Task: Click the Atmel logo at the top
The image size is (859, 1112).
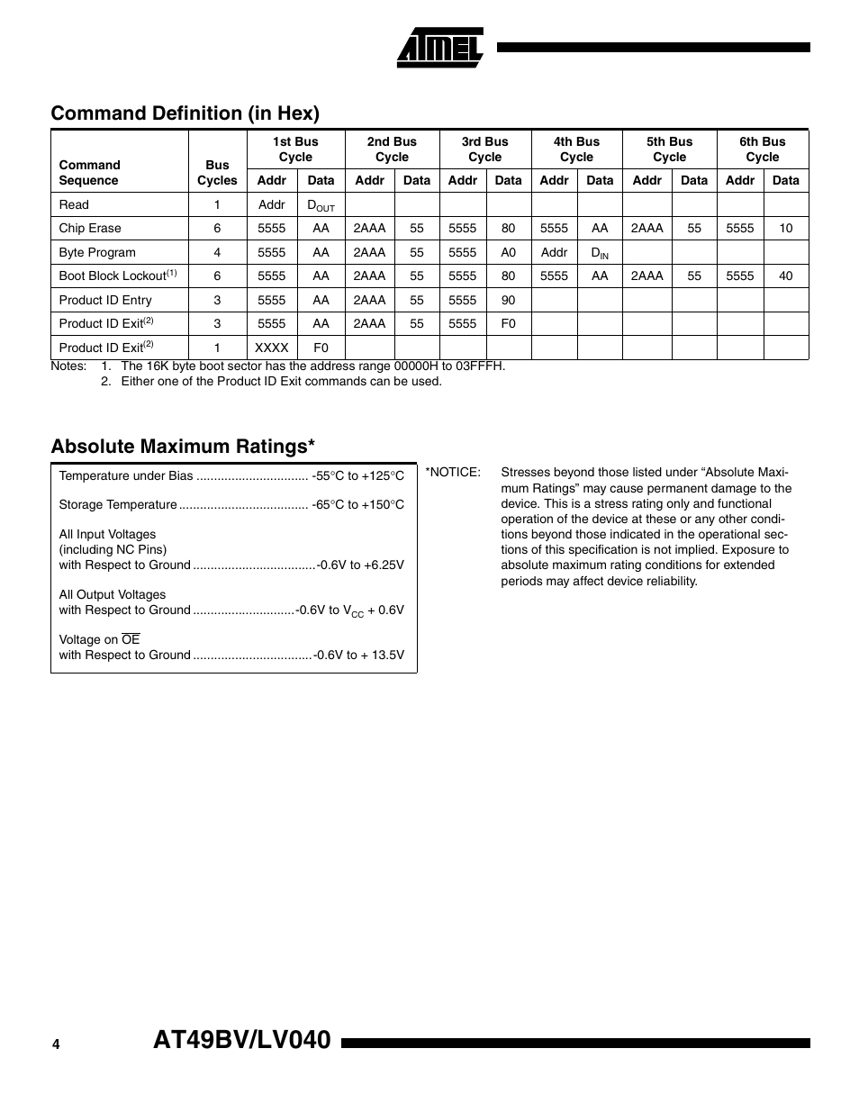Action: [440, 47]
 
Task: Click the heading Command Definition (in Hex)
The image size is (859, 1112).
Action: [185, 113]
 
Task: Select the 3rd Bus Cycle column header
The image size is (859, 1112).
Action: [484, 149]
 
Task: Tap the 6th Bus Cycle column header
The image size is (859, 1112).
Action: [762, 149]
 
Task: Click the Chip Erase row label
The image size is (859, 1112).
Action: [90, 229]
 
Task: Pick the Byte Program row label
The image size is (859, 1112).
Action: [97, 253]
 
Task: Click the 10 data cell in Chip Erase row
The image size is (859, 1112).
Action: [785, 229]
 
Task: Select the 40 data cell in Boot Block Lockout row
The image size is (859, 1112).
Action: [785, 276]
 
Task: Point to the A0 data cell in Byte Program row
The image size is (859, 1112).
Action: [508, 253]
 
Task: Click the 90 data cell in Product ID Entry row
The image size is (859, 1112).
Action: [508, 301]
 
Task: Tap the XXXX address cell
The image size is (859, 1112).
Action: [271, 348]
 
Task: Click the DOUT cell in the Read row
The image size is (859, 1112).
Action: [321, 205]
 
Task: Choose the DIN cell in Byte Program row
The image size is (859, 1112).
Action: [600, 253]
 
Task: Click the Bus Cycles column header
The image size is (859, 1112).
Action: [217, 172]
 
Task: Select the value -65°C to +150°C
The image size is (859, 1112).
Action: [358, 505]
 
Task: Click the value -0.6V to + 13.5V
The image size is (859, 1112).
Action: [358, 655]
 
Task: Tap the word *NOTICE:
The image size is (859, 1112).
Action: [453, 473]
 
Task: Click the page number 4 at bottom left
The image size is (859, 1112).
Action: [56, 1044]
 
